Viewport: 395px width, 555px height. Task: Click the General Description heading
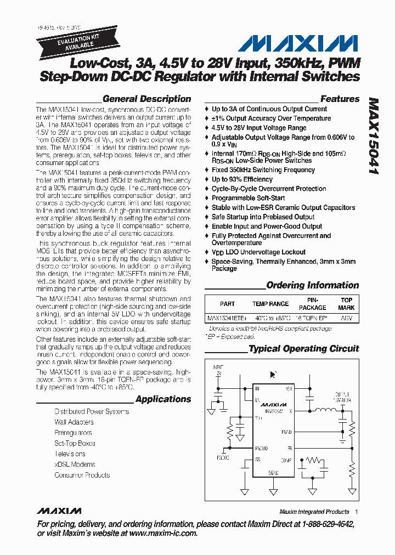[x=146, y=99]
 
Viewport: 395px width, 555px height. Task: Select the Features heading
[x=340, y=99]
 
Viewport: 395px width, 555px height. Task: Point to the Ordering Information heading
[x=312, y=285]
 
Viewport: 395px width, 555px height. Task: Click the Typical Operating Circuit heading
[x=304, y=349]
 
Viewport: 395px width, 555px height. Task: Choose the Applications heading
[x=163, y=399]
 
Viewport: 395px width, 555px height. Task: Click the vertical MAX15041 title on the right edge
[x=374, y=137]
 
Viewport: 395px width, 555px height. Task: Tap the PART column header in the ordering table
[x=227, y=304]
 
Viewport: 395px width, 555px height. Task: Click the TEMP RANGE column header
[x=270, y=304]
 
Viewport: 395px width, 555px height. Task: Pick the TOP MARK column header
[x=347, y=304]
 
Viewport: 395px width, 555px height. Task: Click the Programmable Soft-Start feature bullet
[x=248, y=198]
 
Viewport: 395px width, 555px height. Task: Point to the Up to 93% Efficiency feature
[x=242, y=179]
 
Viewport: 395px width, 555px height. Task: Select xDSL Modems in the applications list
[x=75, y=464]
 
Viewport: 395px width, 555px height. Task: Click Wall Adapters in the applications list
[x=74, y=422]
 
